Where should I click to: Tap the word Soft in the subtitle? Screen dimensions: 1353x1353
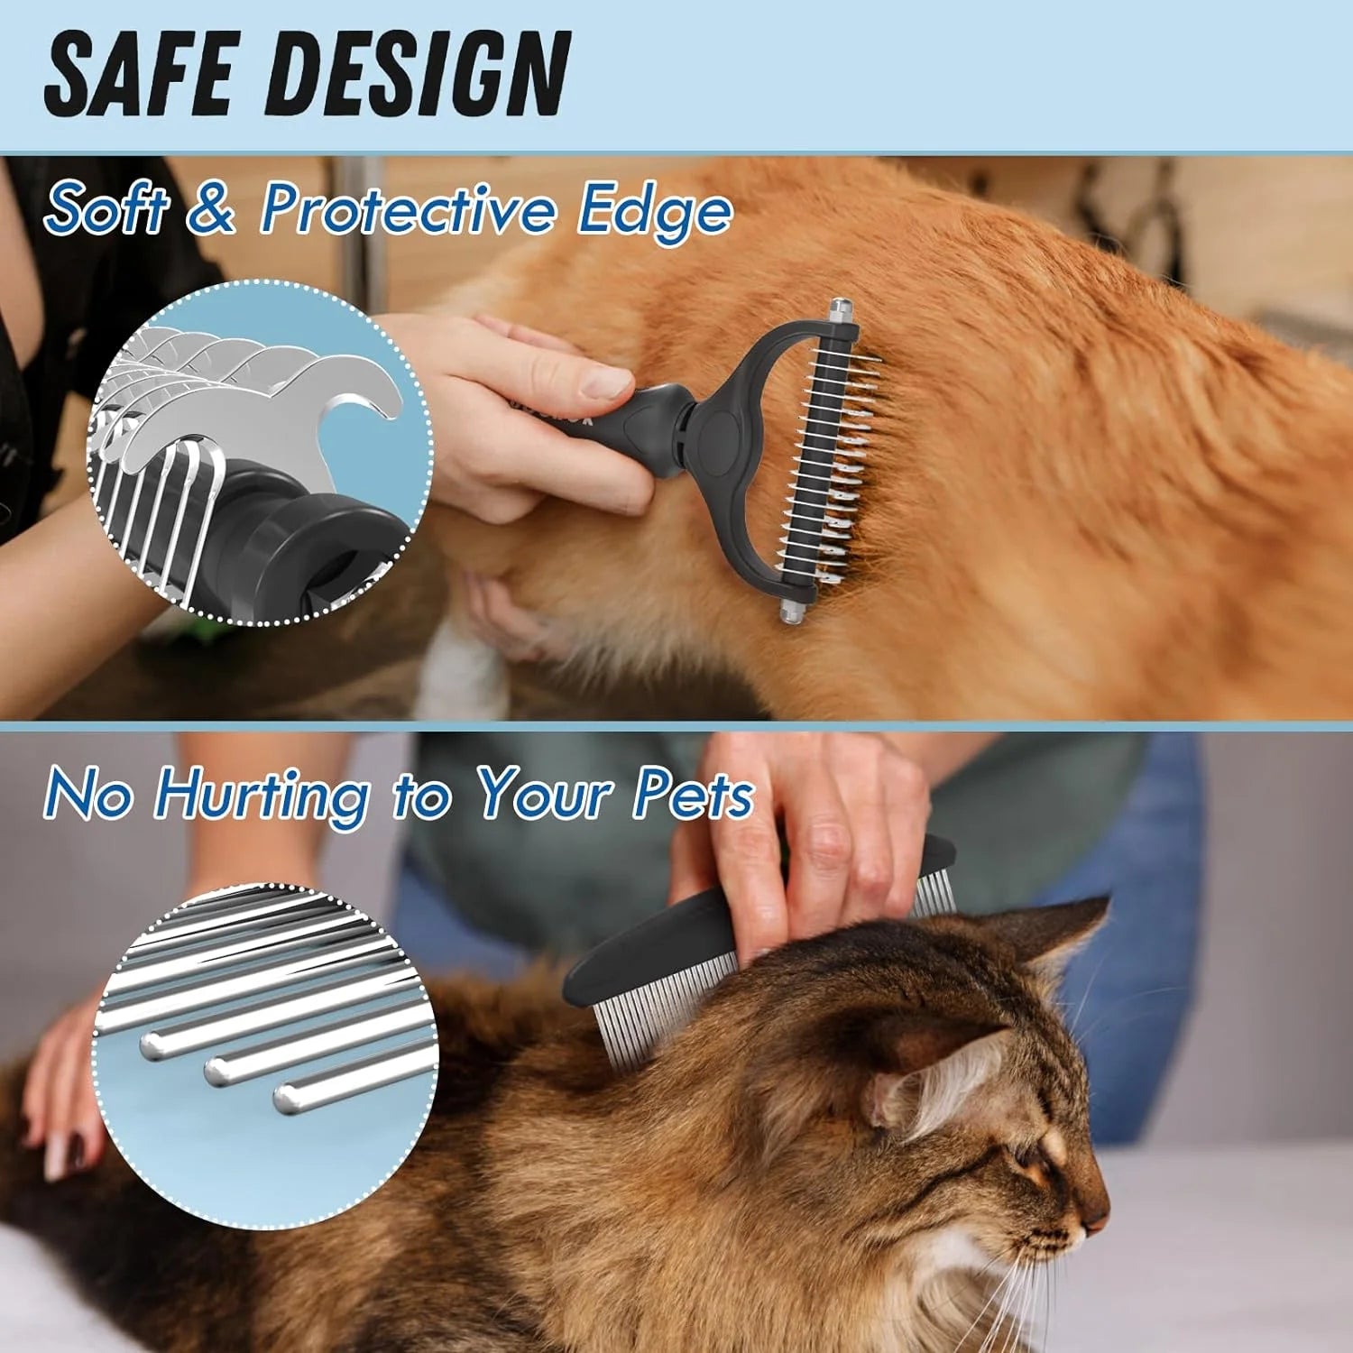(x=106, y=208)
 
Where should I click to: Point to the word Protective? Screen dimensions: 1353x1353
(x=408, y=208)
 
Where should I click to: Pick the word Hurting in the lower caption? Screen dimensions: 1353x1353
(x=262, y=795)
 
